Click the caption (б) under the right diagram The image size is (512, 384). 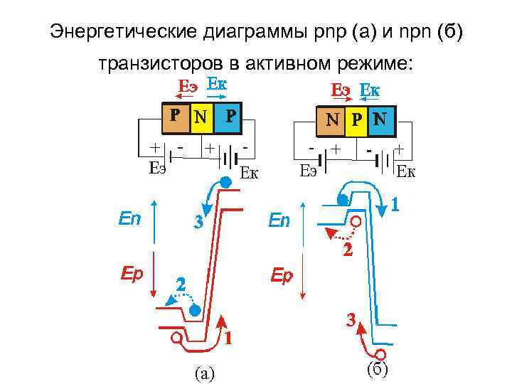pyautogui.click(x=376, y=369)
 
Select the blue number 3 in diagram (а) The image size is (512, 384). pyautogui.click(x=199, y=223)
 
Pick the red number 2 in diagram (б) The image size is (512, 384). pyautogui.click(x=347, y=250)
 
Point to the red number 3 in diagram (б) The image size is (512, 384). pyautogui.click(x=351, y=319)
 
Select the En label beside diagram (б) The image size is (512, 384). pyautogui.click(x=279, y=221)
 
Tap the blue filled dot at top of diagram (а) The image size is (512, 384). pyautogui.click(x=225, y=182)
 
